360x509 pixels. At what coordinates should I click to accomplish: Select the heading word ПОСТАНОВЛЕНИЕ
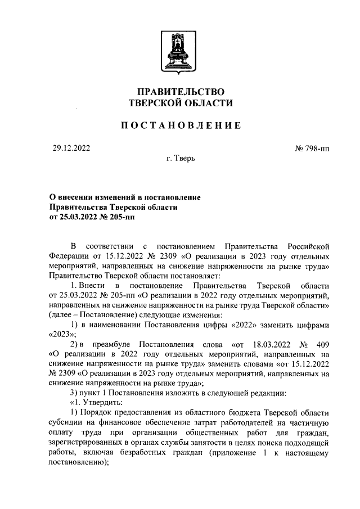(181, 125)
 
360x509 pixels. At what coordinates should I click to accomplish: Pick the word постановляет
(199, 276)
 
